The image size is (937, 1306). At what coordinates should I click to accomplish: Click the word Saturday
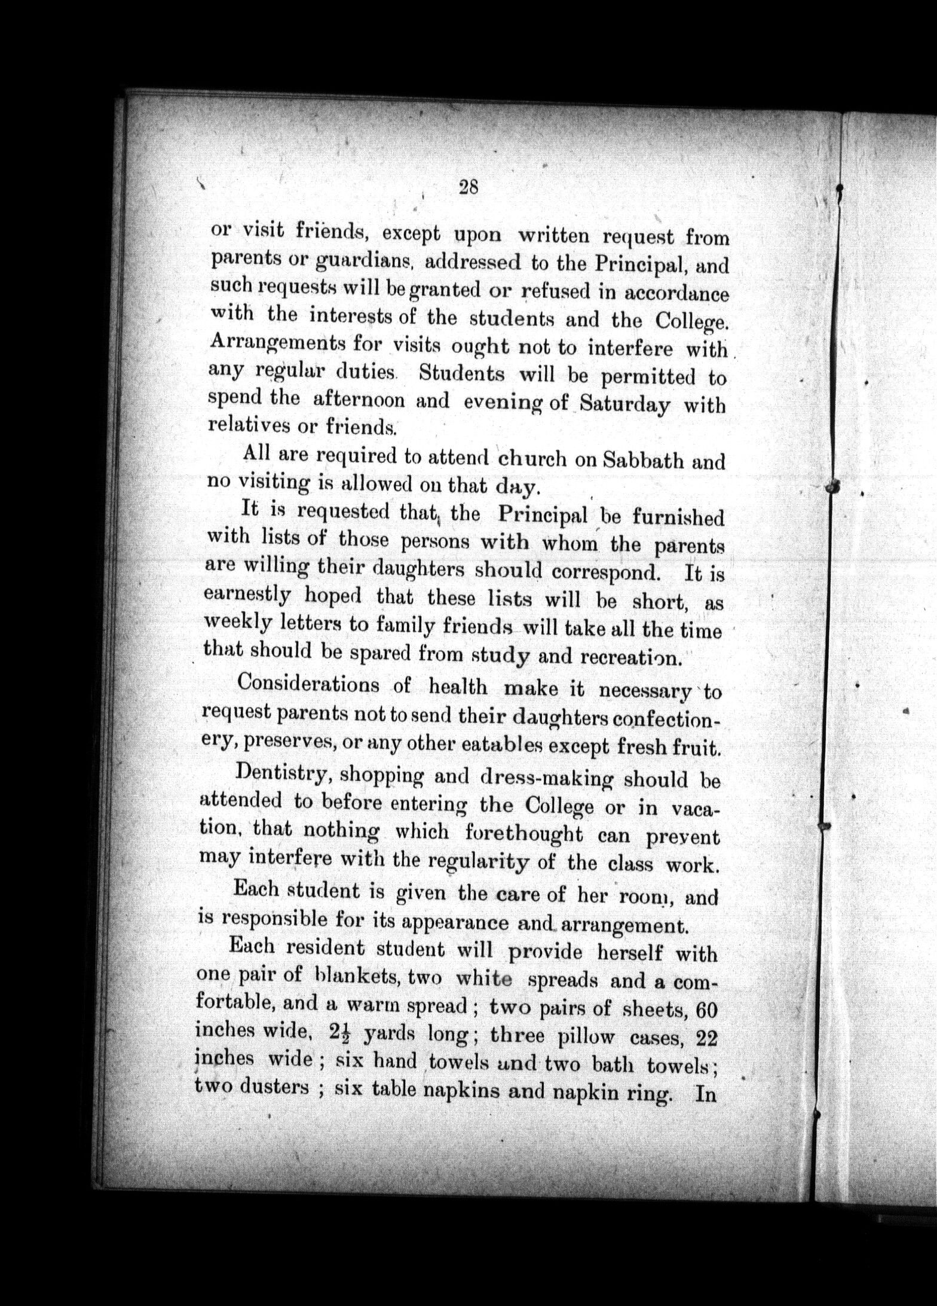pyautogui.click(x=625, y=405)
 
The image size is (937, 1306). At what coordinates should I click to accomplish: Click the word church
pyautogui.click(x=532, y=459)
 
